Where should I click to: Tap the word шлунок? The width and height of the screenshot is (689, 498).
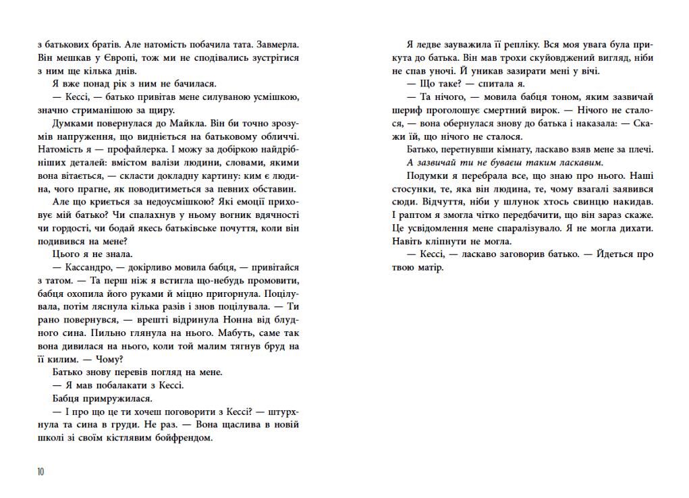pyautogui.click(x=505, y=202)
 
